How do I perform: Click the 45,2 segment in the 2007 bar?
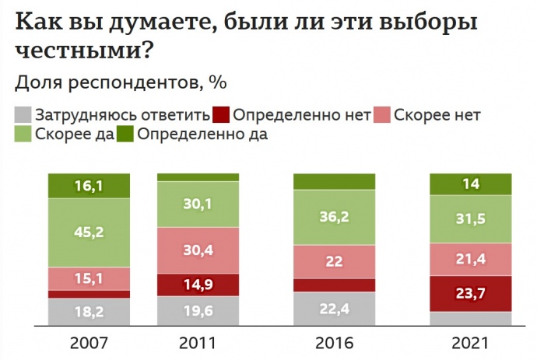(89, 232)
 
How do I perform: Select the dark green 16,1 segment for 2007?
(89, 186)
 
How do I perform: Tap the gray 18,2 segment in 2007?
(89, 312)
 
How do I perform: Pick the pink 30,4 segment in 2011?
(198, 250)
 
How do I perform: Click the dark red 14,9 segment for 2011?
(198, 285)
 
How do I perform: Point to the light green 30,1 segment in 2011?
(198, 204)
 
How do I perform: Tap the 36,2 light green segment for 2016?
(334, 218)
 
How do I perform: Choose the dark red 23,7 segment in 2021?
(470, 293)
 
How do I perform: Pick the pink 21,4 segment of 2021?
(470, 258)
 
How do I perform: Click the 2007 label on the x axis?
(89, 343)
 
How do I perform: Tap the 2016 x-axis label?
(334, 343)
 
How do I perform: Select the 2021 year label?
(470, 343)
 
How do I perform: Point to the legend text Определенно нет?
(300, 115)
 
